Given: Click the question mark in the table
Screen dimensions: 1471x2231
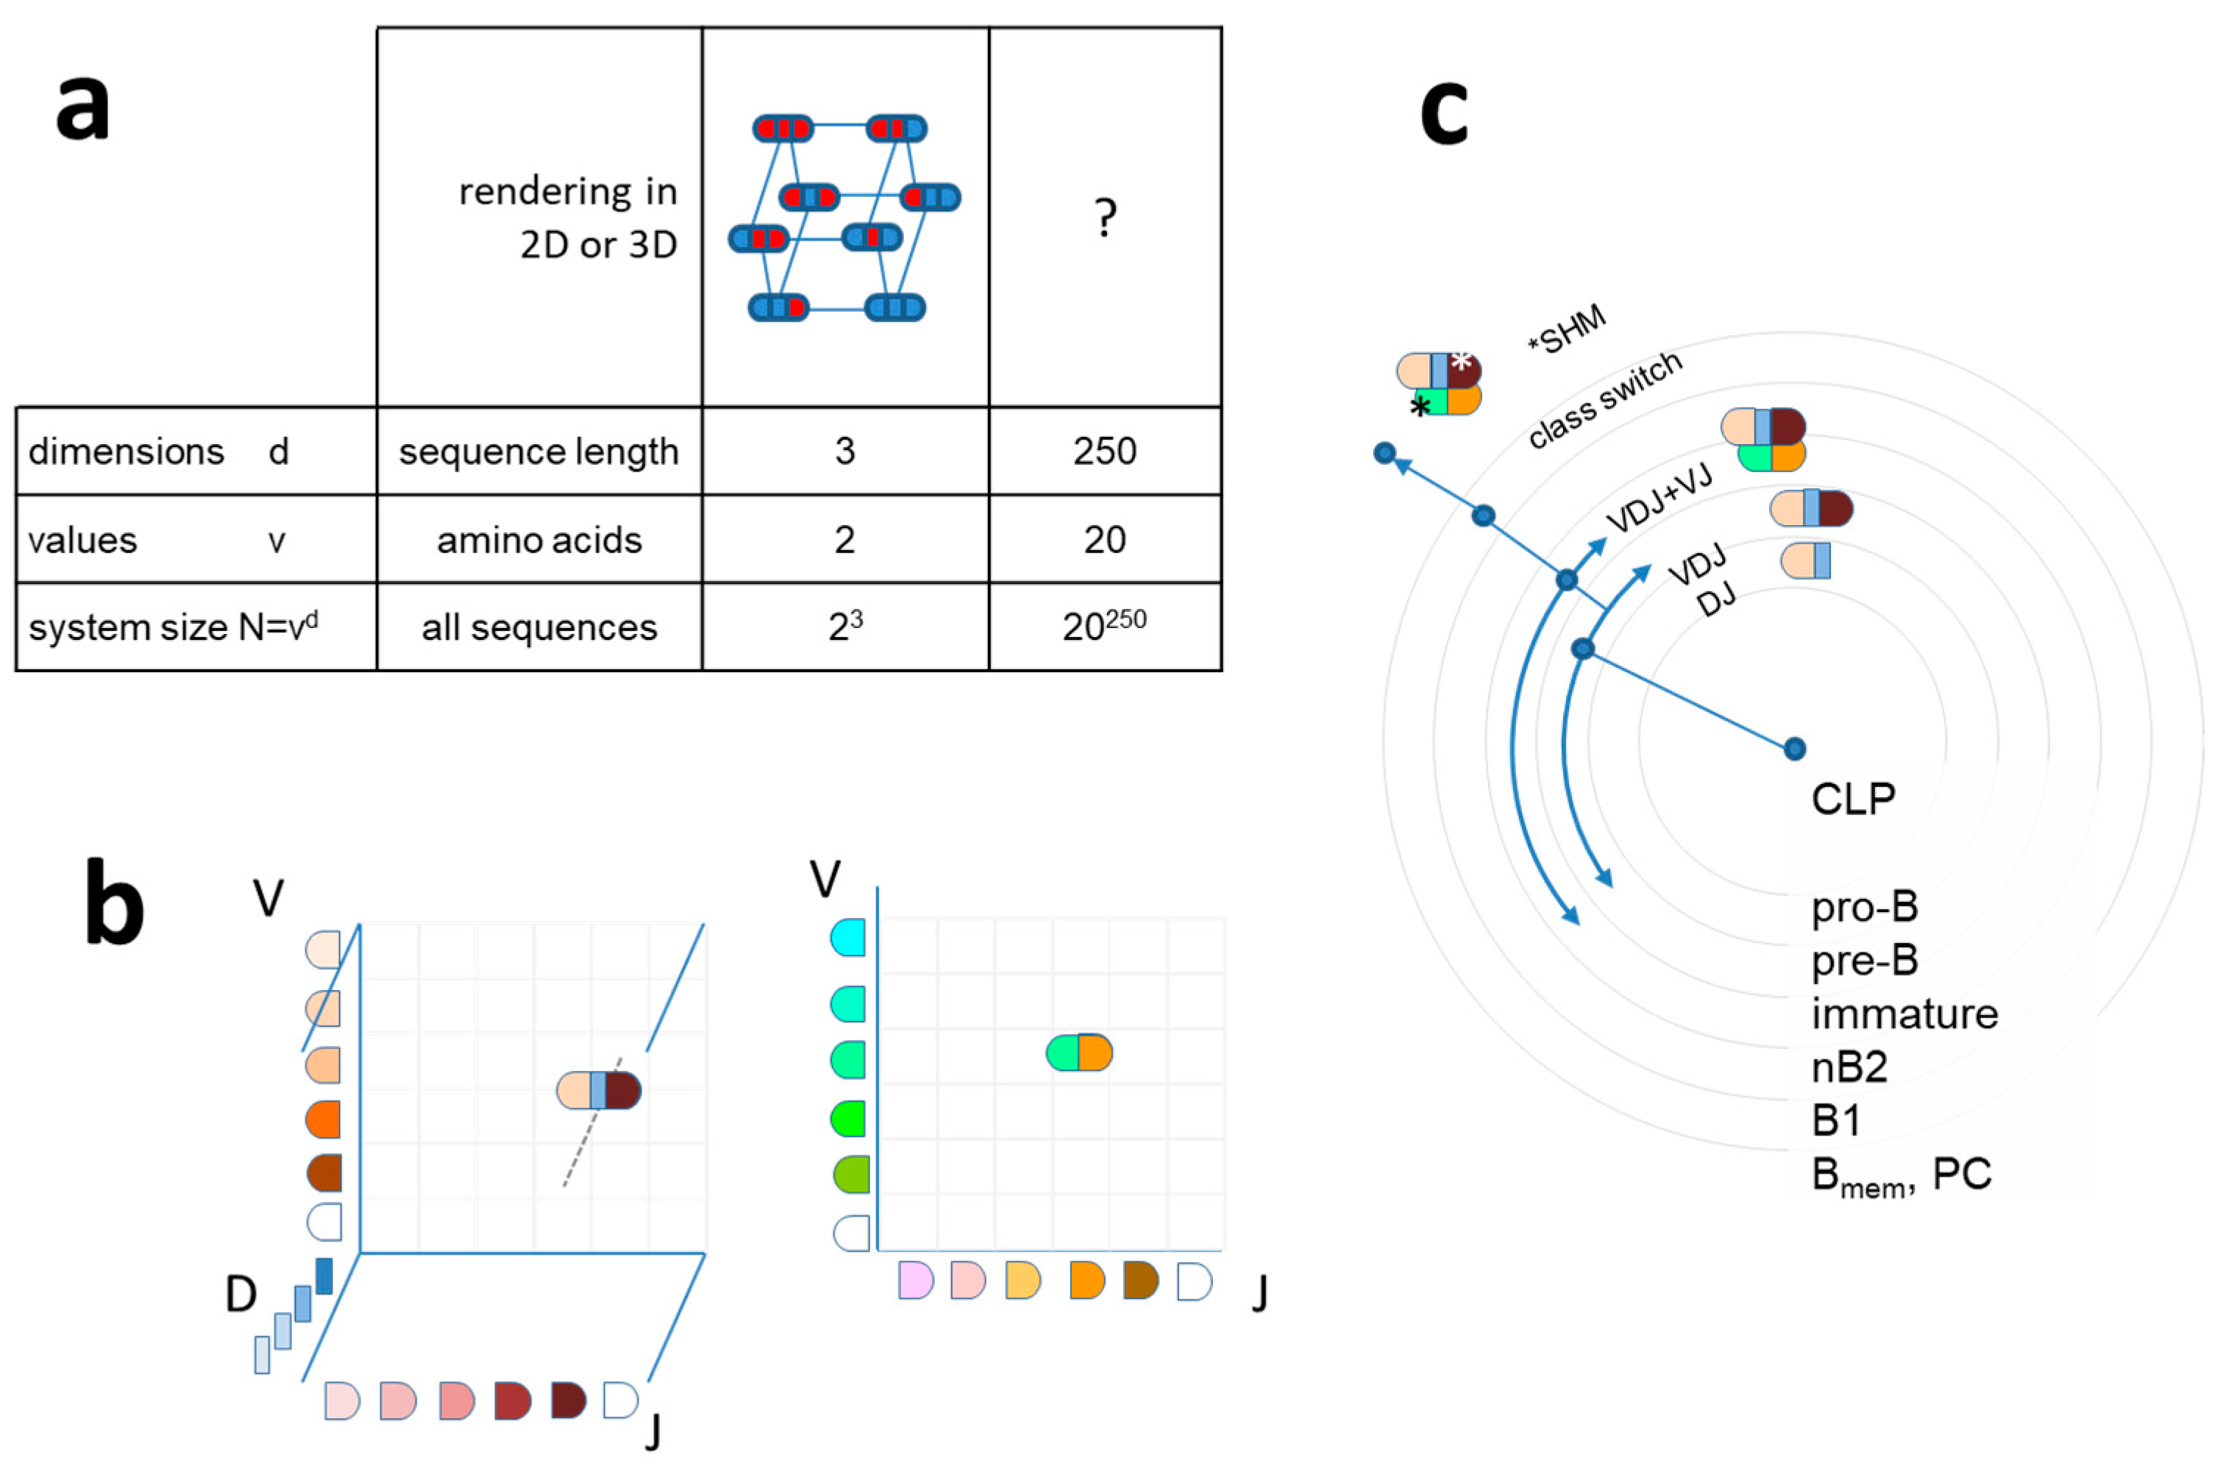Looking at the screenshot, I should (x=1105, y=218).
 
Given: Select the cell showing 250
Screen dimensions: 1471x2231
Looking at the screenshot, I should (x=1105, y=452).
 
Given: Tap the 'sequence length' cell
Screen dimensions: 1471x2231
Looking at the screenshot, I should (x=538, y=452).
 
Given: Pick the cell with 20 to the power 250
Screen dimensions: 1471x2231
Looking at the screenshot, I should (x=1104, y=626).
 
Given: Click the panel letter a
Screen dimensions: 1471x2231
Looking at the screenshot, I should (x=82, y=108).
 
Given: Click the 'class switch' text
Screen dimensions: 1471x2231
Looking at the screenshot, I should (x=1604, y=401).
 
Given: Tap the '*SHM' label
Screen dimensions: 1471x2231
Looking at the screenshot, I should (x=1568, y=330).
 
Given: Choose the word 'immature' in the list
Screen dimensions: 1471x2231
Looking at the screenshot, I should (x=1904, y=1014).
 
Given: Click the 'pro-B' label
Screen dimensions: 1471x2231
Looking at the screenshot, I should (x=1864, y=907).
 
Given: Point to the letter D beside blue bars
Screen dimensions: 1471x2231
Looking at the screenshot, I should (x=241, y=1294).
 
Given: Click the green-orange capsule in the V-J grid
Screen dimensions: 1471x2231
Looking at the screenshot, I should (x=1079, y=1053).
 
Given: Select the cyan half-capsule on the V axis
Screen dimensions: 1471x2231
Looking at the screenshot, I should (x=848, y=937).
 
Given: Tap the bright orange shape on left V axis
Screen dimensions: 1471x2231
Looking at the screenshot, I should (x=324, y=1119).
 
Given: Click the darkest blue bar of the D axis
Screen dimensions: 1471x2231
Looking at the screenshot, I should (x=324, y=1276).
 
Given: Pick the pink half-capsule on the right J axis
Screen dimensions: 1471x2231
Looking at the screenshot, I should (x=916, y=1281).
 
